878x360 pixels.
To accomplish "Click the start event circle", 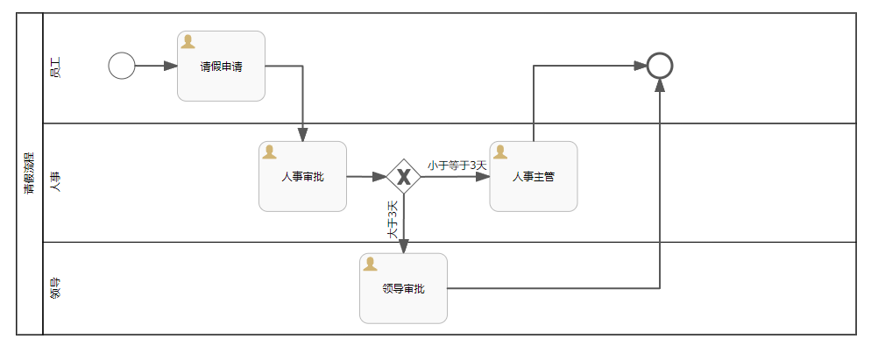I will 122,66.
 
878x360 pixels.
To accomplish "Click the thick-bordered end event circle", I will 659,66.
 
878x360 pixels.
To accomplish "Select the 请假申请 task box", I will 221,67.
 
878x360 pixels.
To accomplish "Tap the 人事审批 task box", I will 302,177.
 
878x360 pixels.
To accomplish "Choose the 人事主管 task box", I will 533,177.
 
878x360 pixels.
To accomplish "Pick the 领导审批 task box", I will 403,288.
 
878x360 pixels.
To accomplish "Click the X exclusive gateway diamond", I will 403,177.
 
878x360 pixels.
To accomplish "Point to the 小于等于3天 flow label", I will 457,165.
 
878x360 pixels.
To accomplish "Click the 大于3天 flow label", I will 393,219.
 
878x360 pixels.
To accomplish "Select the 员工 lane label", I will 55,67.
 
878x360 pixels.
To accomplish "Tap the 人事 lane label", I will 55,181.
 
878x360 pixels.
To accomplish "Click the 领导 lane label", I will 55,288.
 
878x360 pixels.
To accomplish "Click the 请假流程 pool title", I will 29,173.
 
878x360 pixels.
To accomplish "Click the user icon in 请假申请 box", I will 188,42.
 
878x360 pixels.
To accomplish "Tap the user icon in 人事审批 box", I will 269,152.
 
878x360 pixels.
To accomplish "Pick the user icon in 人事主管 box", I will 500,152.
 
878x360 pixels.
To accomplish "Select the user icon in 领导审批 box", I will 370,264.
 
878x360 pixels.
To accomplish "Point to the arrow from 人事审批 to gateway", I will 366,177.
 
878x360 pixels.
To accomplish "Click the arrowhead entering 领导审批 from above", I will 404,247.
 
